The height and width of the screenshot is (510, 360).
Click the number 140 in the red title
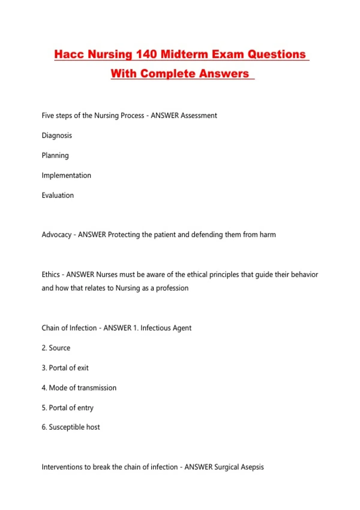tap(146, 54)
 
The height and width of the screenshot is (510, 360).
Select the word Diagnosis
tap(57, 136)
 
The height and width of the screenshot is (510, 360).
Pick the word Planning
tap(55, 155)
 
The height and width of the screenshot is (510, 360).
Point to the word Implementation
tap(66, 175)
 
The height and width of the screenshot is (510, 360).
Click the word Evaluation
tap(58, 195)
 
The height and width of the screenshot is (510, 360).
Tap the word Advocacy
tap(56, 235)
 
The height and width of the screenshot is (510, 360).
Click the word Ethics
tap(51, 274)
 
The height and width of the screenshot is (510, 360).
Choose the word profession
tap(172, 288)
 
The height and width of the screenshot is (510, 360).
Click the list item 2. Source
tap(56, 348)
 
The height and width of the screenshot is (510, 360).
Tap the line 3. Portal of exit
tap(65, 368)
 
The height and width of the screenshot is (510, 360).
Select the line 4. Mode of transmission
tap(79, 388)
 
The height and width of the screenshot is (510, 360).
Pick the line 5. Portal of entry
tap(67, 408)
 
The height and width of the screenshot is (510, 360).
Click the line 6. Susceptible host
tap(71, 427)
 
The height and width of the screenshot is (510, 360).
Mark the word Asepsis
tap(252, 467)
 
